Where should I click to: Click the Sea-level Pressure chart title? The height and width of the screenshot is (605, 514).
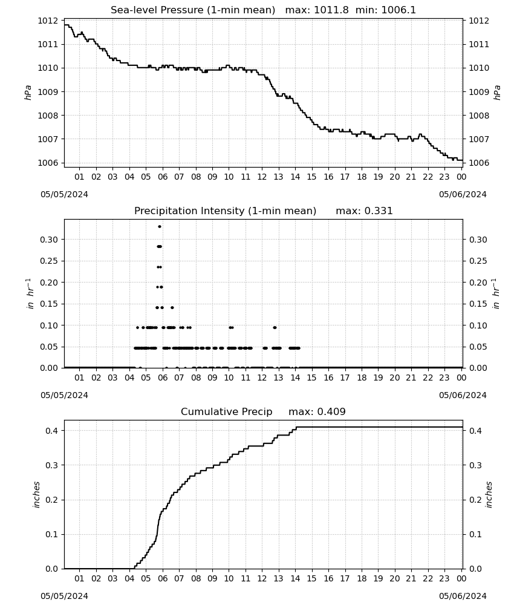[264, 10]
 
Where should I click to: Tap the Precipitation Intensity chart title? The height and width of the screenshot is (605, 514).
[264, 211]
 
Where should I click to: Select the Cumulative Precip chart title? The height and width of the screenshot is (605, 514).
[264, 411]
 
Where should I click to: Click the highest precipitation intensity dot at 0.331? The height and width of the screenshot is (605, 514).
[160, 226]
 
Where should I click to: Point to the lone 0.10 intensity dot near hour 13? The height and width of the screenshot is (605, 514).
[275, 327]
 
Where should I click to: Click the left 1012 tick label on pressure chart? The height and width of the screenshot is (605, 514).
[48, 21]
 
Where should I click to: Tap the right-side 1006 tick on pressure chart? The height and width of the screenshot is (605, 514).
[478, 163]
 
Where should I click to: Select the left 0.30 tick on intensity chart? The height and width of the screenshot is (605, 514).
[50, 240]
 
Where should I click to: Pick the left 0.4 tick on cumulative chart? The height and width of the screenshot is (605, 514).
[52, 431]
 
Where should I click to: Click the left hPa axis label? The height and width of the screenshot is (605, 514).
[28, 93]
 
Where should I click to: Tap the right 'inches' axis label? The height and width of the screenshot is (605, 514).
[489, 495]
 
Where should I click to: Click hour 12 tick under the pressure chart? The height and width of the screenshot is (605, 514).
[262, 177]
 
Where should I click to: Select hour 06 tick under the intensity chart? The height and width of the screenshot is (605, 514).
[163, 378]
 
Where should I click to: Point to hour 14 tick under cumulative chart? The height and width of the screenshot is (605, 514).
[295, 578]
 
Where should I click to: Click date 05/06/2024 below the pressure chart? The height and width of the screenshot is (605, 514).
[463, 194]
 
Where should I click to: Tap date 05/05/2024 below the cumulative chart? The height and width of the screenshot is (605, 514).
[64, 596]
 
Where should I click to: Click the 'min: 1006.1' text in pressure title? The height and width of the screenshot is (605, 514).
[386, 10]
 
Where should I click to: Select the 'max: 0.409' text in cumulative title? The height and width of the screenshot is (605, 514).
[317, 411]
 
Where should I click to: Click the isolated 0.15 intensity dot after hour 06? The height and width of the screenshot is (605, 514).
[172, 307]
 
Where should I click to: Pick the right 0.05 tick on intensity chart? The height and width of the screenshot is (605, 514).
[478, 347]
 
